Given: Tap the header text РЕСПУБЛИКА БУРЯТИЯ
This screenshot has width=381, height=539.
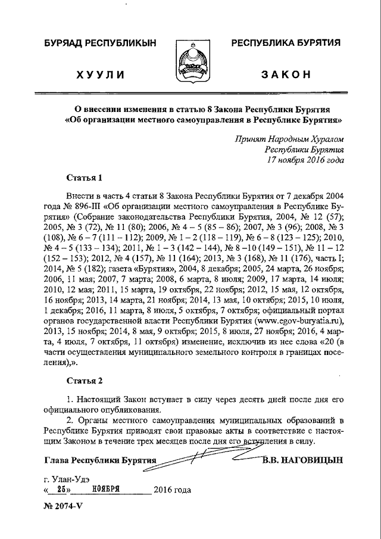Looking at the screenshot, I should coord(286,43).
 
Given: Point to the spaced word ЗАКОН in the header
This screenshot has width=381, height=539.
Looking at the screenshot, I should coord(286,74).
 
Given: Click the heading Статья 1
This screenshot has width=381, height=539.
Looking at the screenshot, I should coord(85,177).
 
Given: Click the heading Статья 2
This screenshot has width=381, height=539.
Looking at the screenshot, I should coord(85,380).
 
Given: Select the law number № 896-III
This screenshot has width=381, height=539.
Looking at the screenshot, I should coord(79,206).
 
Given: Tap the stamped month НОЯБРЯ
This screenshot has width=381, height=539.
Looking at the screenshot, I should coord(107,490).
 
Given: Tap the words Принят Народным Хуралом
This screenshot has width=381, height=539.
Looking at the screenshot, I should coord(289,139).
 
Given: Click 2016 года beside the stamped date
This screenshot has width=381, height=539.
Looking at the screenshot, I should coord(172,490).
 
